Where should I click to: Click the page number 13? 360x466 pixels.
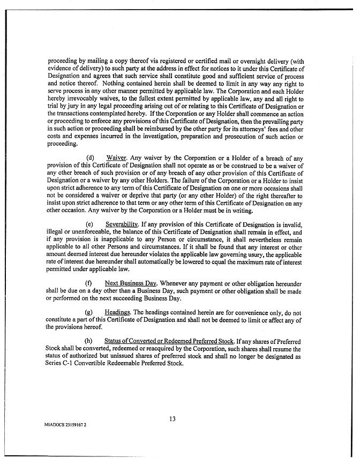[172, 419]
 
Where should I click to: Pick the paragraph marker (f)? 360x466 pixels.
[89, 282]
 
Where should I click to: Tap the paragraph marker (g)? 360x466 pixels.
[90, 312]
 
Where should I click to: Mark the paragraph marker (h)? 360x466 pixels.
[90, 341]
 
